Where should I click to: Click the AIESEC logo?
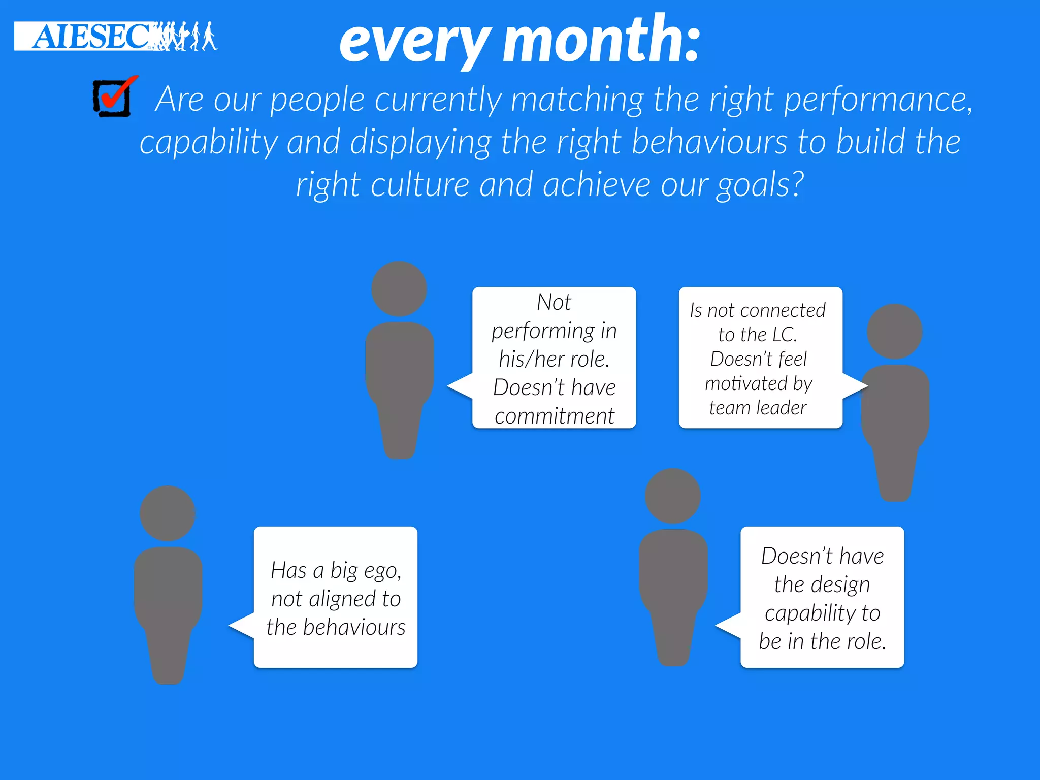(115, 36)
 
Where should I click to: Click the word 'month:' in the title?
(602, 40)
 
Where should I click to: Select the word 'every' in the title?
(415, 43)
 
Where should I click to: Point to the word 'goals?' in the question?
(760, 185)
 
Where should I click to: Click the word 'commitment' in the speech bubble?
(554, 416)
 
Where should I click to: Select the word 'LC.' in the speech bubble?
(785, 335)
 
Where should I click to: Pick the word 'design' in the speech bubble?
(847, 585)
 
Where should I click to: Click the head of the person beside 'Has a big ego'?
(168, 513)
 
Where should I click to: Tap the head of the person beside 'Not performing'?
(399, 288)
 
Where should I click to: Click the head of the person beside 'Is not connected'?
(894, 331)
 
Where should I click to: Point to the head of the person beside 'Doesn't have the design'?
(672, 496)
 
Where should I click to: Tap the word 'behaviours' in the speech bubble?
(354, 628)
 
